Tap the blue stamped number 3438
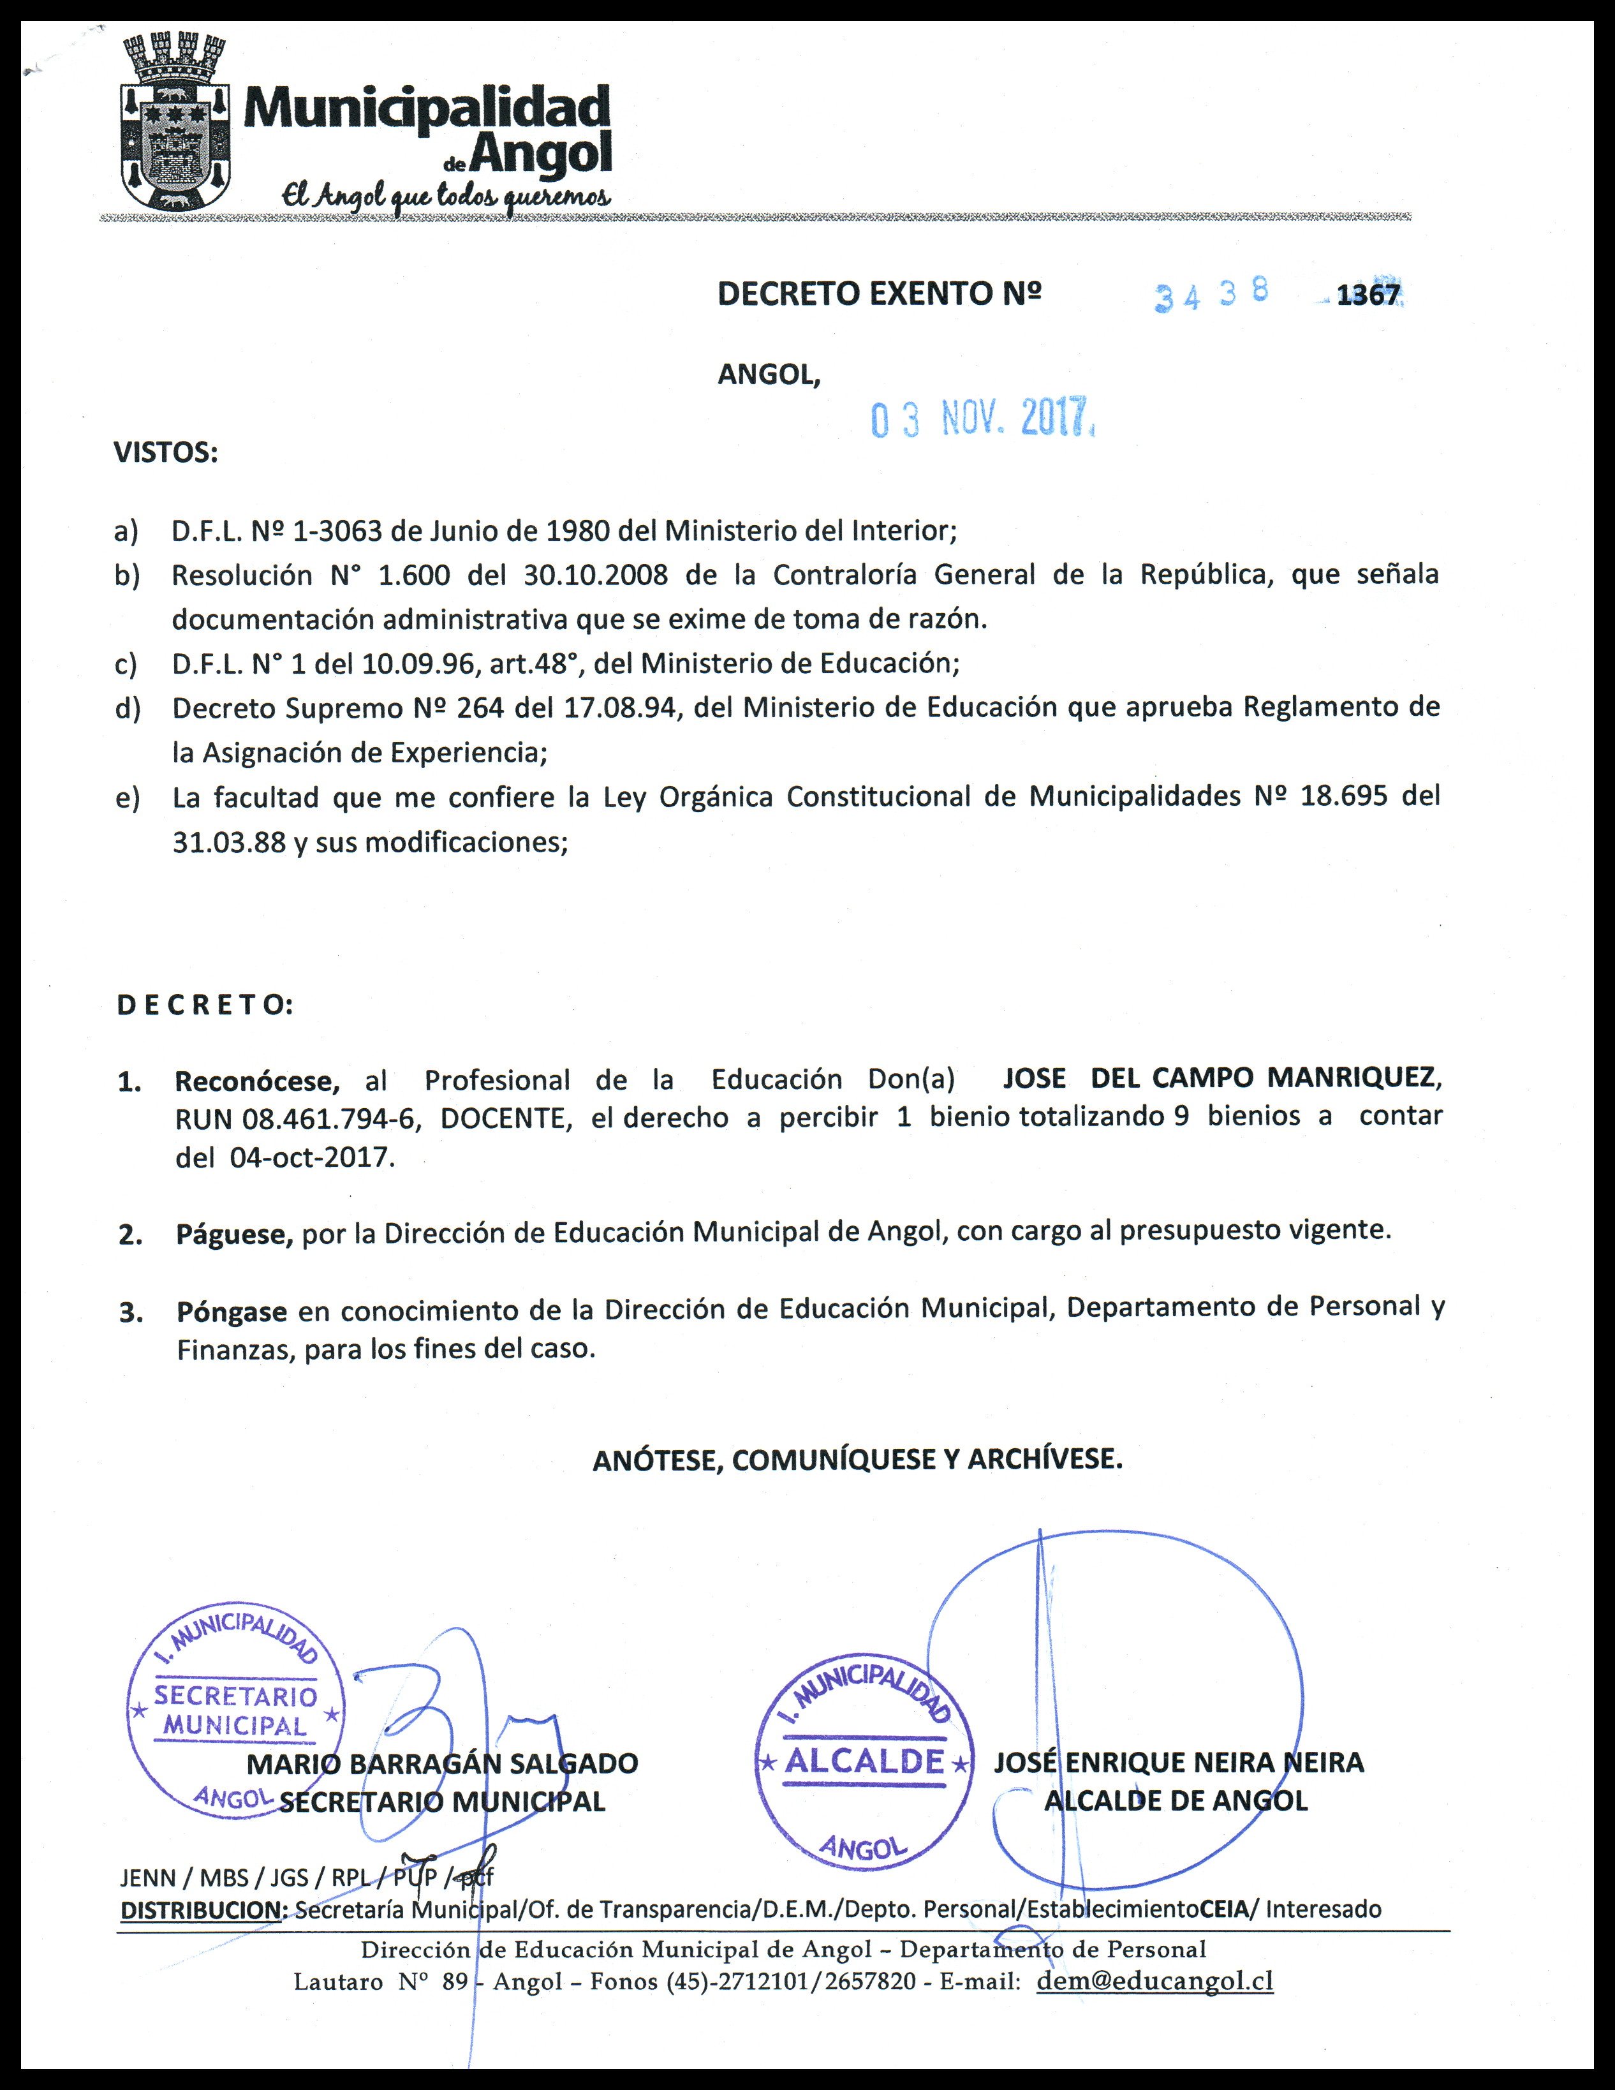click(1211, 296)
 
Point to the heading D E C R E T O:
click(205, 1005)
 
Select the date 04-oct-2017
click(311, 1158)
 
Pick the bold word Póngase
click(232, 1311)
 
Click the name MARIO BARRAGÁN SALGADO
click(442, 1763)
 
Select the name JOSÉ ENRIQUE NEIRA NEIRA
click(1179, 1763)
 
